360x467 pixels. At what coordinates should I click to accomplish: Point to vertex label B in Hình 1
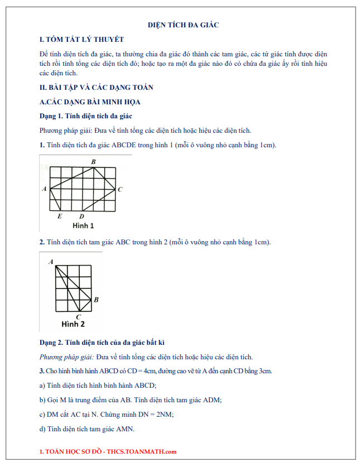[x=93, y=162]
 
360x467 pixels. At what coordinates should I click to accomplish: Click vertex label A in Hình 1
[x=44, y=189]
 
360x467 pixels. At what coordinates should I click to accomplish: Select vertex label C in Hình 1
[x=120, y=190]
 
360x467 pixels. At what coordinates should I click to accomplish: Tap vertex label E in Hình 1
[x=60, y=216]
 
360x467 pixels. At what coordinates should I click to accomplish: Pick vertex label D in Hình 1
[x=81, y=216]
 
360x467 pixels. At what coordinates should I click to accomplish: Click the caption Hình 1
[x=83, y=226]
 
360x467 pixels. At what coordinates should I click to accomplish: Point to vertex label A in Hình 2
[x=51, y=261]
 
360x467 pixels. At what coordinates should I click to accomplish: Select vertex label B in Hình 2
[x=96, y=300]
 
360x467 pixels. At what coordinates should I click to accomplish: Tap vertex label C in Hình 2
[x=78, y=316]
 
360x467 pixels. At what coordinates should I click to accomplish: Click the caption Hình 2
[x=73, y=324]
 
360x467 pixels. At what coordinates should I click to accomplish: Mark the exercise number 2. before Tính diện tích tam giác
[x=42, y=242]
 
